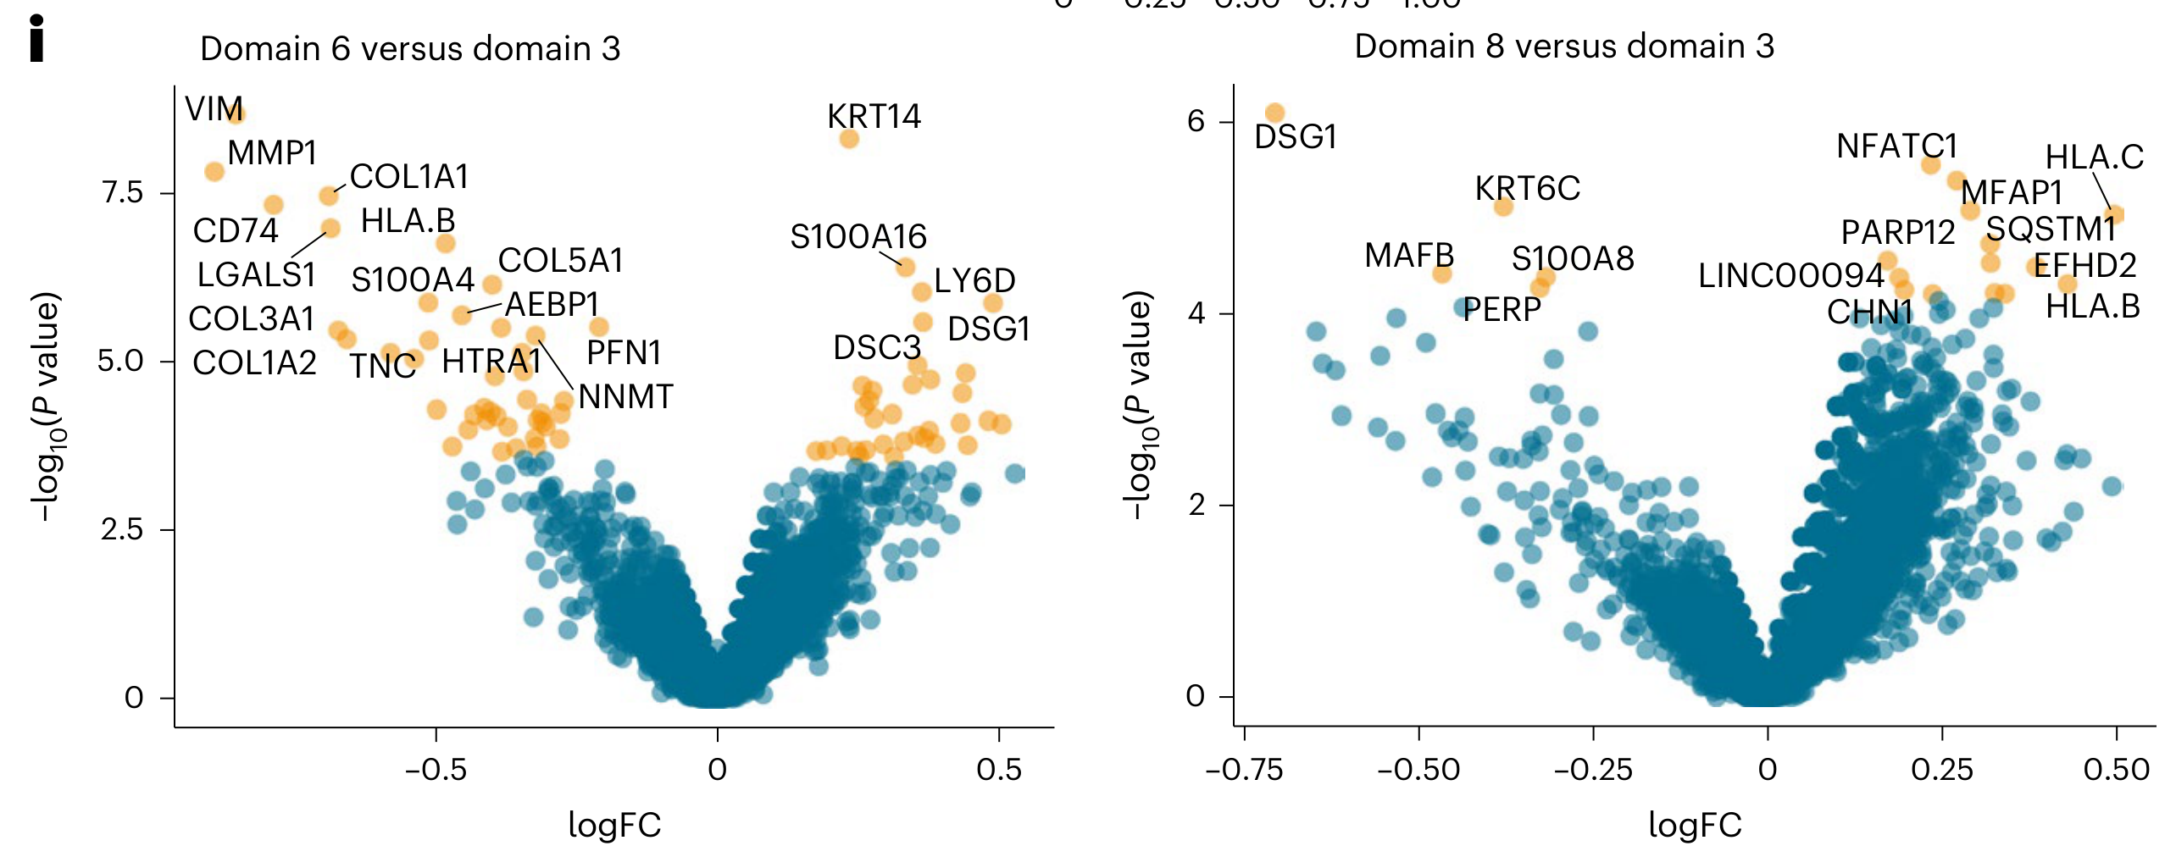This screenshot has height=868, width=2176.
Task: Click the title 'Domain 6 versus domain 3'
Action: (x=410, y=49)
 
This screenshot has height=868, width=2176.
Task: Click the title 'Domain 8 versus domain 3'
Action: (x=1564, y=47)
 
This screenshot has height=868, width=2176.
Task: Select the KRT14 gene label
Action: (x=874, y=117)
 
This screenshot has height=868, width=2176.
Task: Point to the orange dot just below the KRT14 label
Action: (x=849, y=139)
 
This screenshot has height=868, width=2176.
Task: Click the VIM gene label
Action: (x=214, y=109)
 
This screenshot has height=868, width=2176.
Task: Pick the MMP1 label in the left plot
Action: (x=272, y=153)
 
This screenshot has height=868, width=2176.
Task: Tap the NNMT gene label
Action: (x=625, y=397)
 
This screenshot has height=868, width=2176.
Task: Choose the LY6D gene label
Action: (x=974, y=281)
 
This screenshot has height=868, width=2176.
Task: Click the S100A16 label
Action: (x=858, y=237)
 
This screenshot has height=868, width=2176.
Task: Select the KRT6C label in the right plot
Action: (x=1527, y=189)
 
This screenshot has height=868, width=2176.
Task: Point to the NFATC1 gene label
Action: (x=1896, y=147)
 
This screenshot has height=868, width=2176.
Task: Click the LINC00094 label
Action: (x=1790, y=276)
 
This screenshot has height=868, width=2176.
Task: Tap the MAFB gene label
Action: (x=1408, y=255)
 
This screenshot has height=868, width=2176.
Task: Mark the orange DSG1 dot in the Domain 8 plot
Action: (x=1274, y=113)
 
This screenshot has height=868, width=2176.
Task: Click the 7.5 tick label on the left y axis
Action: (x=123, y=193)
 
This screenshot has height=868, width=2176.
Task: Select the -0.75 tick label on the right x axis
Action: (x=1243, y=770)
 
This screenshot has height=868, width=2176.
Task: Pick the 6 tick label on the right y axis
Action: (x=1196, y=122)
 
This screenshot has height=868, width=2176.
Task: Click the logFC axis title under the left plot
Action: (x=614, y=825)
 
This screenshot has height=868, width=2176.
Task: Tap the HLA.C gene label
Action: (x=2094, y=158)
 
